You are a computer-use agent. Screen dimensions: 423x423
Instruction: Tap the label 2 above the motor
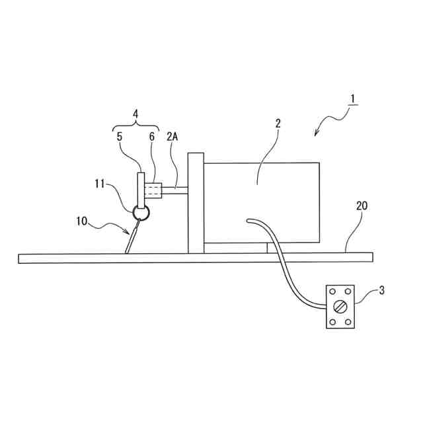click(x=278, y=124)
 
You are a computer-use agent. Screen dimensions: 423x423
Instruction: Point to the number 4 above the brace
click(x=136, y=113)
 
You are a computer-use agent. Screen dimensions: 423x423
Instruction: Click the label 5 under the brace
click(x=120, y=137)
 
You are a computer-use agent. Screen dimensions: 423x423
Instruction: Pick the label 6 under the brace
click(x=151, y=137)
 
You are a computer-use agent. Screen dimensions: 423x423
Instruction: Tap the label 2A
click(x=173, y=137)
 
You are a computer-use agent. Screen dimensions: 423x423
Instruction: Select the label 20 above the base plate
click(x=362, y=206)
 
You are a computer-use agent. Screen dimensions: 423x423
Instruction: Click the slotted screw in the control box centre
click(x=340, y=307)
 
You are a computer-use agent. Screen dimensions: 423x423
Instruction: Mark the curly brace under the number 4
click(x=136, y=126)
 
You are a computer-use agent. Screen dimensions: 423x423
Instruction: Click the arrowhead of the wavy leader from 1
click(x=317, y=135)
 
